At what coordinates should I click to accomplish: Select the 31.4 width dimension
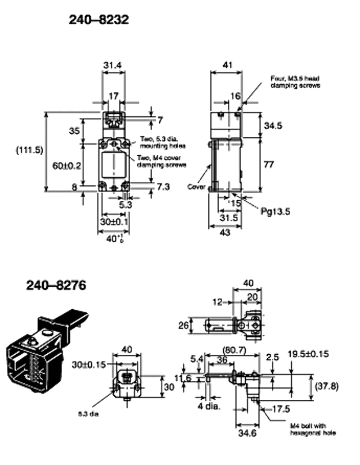coord(112,66)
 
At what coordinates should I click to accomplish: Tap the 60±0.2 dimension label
coord(67,165)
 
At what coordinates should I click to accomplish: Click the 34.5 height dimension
coord(273,126)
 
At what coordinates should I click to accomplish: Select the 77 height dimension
coord(269,165)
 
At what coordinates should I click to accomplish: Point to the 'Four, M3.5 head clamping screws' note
coord(295,81)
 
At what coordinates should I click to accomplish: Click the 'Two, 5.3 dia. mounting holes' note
coord(163,144)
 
